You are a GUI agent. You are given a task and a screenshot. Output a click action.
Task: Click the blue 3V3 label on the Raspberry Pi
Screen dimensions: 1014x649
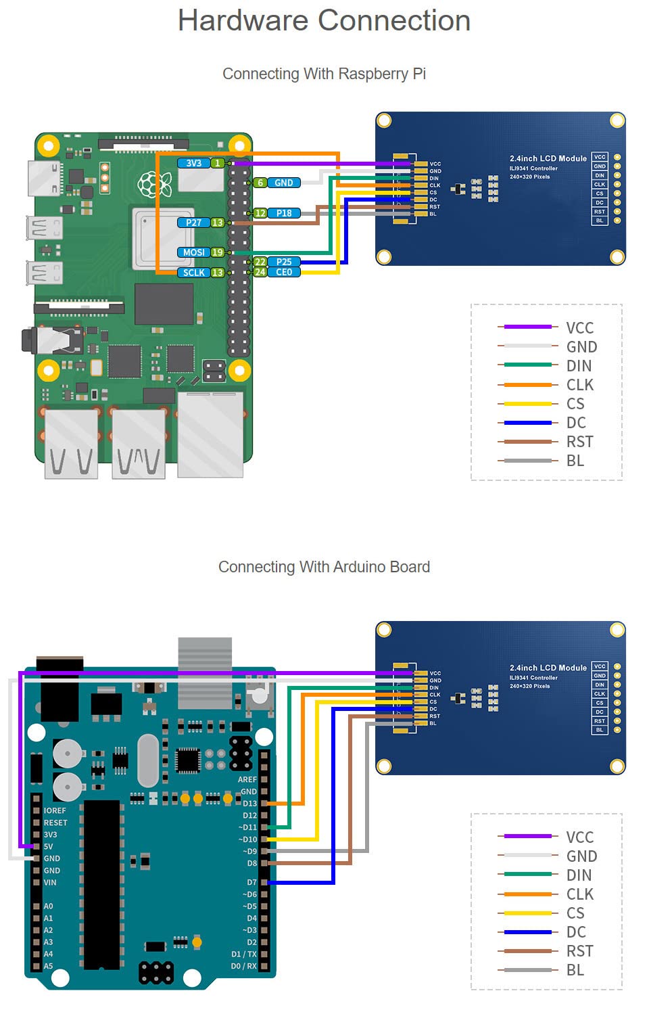click(193, 163)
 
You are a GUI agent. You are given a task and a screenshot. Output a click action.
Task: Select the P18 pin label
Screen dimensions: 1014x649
click(284, 213)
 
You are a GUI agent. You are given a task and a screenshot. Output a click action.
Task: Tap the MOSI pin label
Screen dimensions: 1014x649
click(193, 252)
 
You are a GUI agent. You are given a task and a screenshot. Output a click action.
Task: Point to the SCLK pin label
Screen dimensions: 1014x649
click(193, 273)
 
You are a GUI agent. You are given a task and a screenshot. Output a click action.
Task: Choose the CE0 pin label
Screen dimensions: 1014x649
click(284, 272)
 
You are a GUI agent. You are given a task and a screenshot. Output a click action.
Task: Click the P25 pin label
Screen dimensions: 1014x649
click(284, 262)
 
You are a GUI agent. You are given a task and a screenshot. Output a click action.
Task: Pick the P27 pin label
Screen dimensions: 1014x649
click(193, 223)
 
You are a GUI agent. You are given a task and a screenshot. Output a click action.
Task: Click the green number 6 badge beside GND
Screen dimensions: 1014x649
click(260, 183)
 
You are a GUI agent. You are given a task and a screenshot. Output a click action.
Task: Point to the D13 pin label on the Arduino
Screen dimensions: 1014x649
click(249, 804)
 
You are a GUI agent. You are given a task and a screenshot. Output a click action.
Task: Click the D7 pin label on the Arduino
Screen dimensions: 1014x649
click(251, 882)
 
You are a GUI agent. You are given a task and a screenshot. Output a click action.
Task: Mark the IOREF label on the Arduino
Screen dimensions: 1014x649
click(55, 810)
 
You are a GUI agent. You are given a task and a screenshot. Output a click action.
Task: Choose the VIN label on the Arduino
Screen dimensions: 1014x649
click(50, 882)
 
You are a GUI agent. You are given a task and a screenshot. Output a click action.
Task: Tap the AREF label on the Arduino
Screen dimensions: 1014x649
click(247, 779)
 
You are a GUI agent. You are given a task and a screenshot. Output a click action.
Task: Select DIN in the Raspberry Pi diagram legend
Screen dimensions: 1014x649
click(579, 366)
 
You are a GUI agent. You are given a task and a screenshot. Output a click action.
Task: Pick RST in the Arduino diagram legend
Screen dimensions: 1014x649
click(579, 951)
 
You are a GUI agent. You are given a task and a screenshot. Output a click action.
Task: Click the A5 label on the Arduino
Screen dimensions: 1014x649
click(48, 966)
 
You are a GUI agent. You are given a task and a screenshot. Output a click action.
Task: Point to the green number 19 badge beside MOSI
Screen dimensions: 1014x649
click(217, 252)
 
